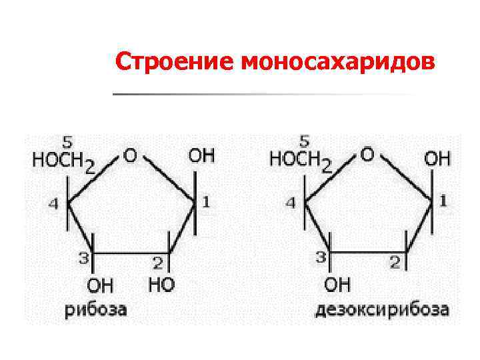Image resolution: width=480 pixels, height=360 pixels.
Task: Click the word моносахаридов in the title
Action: tap(337, 62)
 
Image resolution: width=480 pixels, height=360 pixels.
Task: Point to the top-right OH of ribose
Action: tap(201, 156)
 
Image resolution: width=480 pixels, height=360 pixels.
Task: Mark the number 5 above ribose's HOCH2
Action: tap(67, 141)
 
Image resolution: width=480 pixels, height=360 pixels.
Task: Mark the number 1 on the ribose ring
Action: tap(206, 201)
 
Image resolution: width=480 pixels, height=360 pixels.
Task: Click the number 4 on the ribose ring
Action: tap(53, 203)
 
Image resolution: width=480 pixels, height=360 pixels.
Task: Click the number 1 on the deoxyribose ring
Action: tap(443, 200)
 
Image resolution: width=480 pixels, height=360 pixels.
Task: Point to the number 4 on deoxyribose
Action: tap(291, 203)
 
